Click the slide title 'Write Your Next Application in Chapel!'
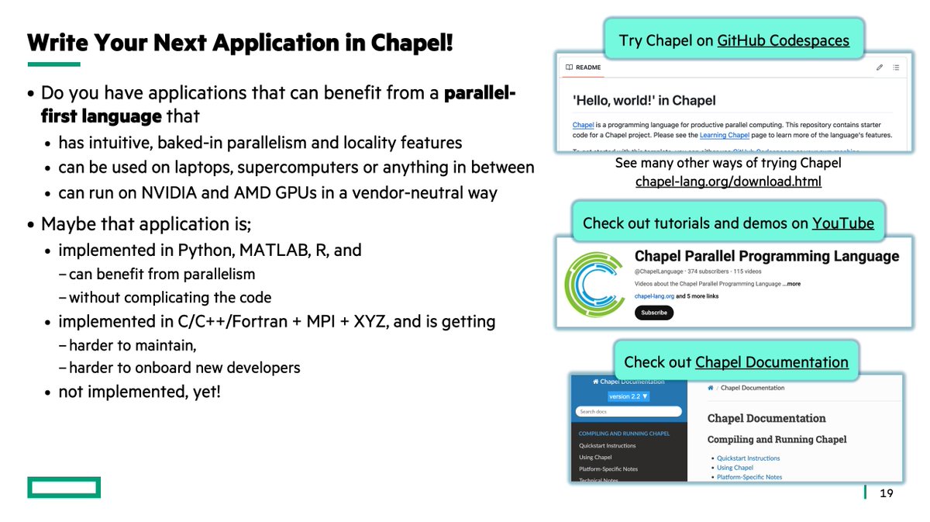(240, 42)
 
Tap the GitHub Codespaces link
(783, 40)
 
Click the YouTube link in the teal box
(842, 223)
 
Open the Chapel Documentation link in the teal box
(771, 362)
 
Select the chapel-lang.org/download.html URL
(728, 181)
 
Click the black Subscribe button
(654, 313)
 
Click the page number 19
(887, 493)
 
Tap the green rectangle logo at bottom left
(64, 487)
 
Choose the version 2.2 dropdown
(629, 396)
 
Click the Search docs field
(629, 411)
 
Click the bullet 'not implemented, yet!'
(139, 391)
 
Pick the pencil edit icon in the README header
(880, 67)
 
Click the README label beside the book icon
(589, 67)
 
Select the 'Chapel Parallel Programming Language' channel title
(766, 256)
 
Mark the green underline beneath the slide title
(53, 64)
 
